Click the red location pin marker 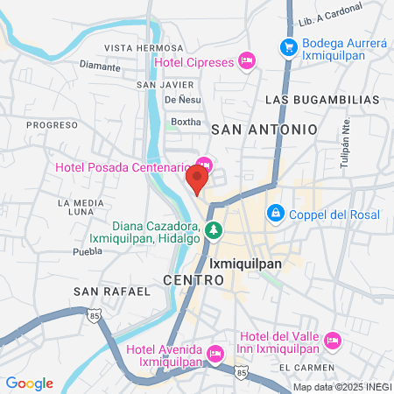pos(196,179)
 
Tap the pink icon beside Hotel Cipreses pos(247,60)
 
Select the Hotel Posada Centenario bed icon pos(204,164)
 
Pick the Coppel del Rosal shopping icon pos(275,212)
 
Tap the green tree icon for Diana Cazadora pos(215,231)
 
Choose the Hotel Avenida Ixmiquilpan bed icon pos(215,353)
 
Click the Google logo pos(30,383)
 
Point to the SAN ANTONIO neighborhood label pos(264,129)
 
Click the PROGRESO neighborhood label pos(52,124)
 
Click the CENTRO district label pos(193,279)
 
